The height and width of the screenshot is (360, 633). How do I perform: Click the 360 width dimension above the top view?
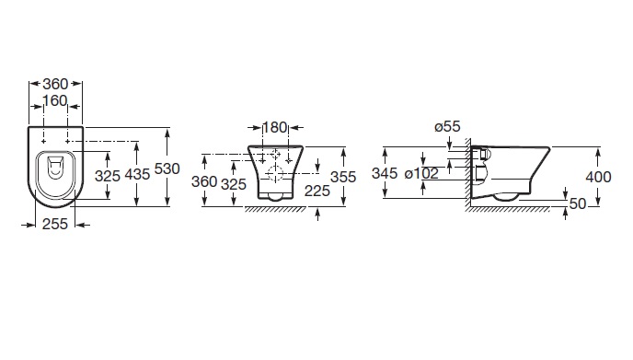point(55,84)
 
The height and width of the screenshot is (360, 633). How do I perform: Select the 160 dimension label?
point(55,100)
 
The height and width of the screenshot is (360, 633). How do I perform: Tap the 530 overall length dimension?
point(167,168)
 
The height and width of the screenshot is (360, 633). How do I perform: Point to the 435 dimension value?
point(137,175)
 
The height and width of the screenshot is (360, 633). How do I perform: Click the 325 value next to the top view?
point(108,176)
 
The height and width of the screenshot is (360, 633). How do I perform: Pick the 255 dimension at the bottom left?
point(55,224)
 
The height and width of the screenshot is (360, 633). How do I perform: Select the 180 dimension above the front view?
point(275,127)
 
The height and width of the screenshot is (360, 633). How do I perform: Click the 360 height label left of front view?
point(204,181)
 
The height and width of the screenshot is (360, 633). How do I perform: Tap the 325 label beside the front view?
point(234,184)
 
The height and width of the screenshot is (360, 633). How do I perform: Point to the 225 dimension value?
point(317,191)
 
